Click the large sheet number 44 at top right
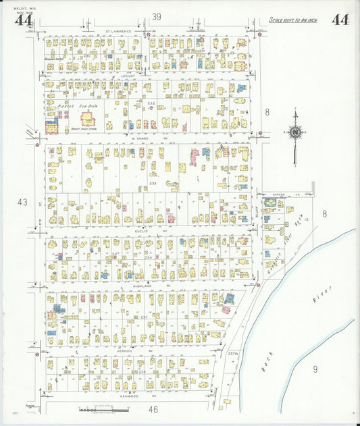(x=340, y=20)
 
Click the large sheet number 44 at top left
(x=24, y=20)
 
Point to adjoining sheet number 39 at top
(x=157, y=16)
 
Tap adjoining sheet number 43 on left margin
(x=23, y=202)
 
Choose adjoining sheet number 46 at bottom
(x=153, y=409)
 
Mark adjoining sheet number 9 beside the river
(x=315, y=369)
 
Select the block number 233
(x=153, y=183)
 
